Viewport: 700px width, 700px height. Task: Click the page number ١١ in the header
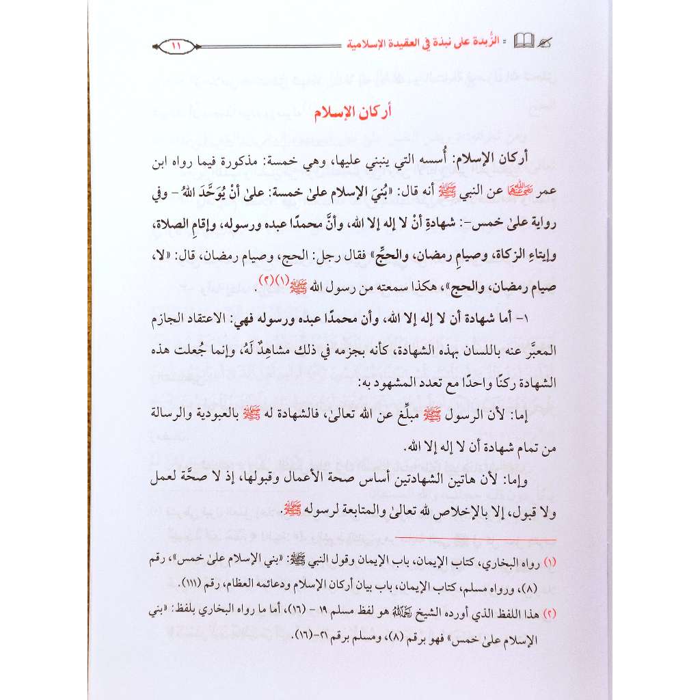[x=175, y=46]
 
